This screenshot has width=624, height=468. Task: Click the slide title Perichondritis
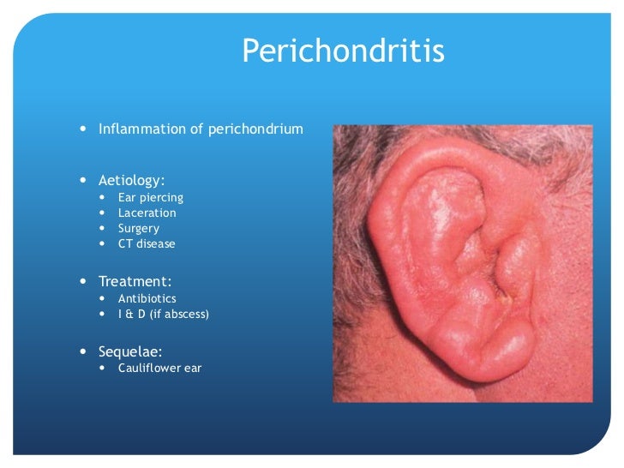click(343, 51)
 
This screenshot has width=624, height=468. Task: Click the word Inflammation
click(139, 130)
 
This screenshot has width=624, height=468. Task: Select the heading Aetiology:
click(131, 181)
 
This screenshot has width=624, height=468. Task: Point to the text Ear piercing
click(150, 197)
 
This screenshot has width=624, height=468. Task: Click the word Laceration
click(147, 213)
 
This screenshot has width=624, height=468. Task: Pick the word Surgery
click(138, 228)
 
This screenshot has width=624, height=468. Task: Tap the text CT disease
click(147, 243)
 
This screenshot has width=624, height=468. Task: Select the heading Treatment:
click(134, 281)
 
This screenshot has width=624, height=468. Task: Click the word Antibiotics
click(147, 298)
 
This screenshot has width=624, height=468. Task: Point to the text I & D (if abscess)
click(163, 314)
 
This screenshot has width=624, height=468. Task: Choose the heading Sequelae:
click(131, 351)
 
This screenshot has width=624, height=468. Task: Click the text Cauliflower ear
click(159, 369)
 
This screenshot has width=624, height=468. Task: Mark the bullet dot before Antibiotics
click(103, 298)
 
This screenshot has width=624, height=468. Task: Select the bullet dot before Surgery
click(103, 228)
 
